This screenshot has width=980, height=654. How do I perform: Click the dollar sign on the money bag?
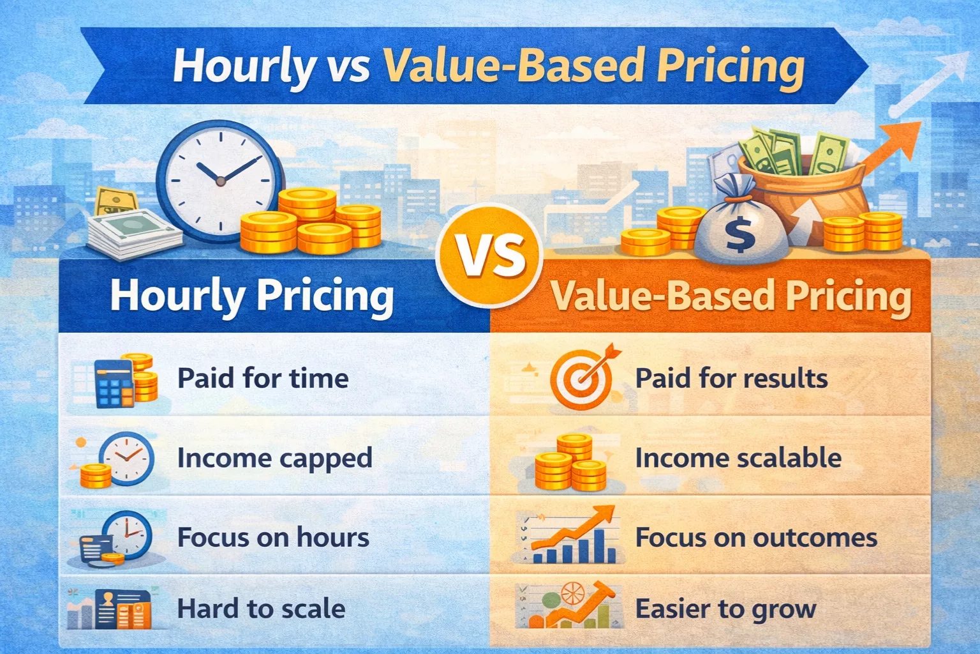tap(740, 234)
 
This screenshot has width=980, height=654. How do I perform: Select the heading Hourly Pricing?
tap(252, 296)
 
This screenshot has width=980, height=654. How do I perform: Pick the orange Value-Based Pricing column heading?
tap(731, 296)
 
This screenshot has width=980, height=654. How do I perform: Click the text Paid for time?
tap(263, 378)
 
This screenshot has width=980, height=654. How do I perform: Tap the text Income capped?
tap(274, 458)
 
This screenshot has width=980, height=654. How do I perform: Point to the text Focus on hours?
tap(273, 537)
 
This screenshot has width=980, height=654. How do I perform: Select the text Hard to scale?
tap(261, 609)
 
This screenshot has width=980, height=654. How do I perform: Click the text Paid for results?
tap(731, 378)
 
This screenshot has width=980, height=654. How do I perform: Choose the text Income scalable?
tap(738, 458)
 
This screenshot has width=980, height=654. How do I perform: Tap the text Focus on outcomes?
tap(756, 537)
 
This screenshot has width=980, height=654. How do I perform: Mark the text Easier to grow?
tap(725, 609)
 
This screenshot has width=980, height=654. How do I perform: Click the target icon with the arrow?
tap(583, 378)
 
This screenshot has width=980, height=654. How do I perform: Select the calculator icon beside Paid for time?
tap(115, 383)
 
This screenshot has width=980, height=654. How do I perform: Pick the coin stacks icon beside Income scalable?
tap(570, 462)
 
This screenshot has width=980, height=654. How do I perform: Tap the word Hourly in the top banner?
tap(244, 66)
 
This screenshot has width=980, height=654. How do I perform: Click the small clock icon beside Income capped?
tap(128, 458)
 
